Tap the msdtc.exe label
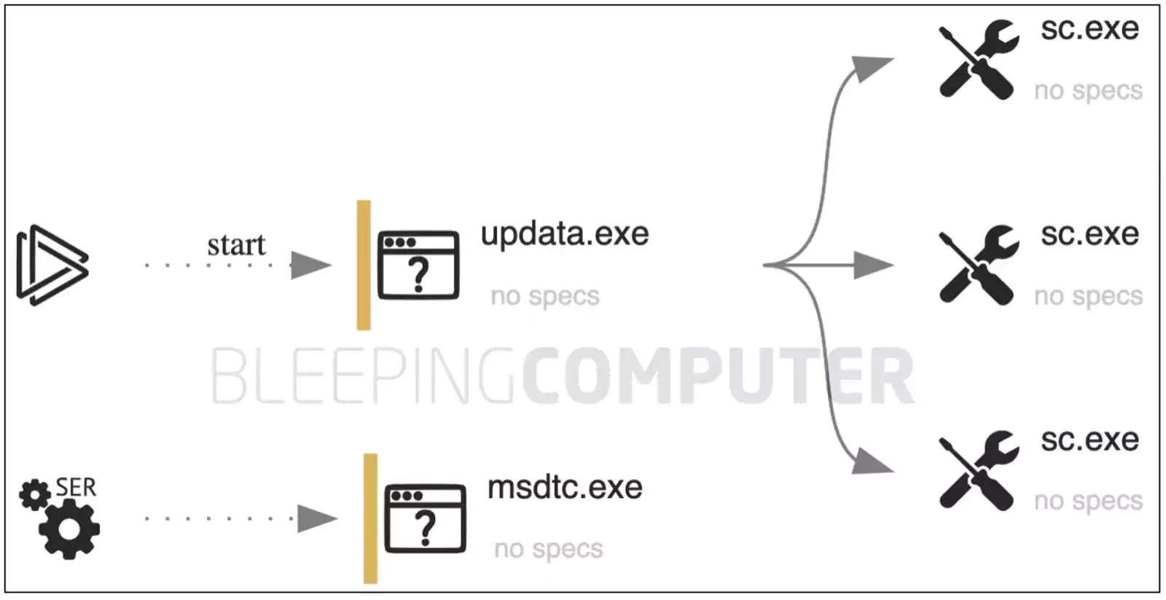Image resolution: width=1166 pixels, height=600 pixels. click(x=566, y=488)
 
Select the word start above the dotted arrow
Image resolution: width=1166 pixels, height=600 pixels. click(x=236, y=245)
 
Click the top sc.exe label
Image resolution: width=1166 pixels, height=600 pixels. click(x=1089, y=28)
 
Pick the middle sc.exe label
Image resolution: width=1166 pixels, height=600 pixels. click(x=1089, y=234)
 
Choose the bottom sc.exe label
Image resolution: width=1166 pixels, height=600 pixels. click(x=1089, y=440)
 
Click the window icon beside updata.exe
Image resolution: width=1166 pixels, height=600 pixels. click(x=418, y=265)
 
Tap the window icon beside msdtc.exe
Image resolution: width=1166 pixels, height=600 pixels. click(x=426, y=518)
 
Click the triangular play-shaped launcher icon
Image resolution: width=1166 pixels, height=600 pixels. click(x=52, y=265)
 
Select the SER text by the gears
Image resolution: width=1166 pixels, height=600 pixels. click(x=76, y=488)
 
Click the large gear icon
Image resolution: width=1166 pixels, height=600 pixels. click(x=69, y=529)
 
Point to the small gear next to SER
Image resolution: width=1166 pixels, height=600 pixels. click(x=35, y=494)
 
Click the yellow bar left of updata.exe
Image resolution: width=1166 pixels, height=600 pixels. click(x=364, y=265)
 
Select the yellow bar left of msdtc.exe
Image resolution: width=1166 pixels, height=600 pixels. click(x=371, y=518)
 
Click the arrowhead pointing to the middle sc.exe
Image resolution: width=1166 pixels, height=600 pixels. click(x=874, y=265)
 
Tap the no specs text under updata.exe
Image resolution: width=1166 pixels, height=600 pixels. click(x=545, y=296)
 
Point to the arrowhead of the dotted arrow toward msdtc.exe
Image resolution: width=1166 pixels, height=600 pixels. click(x=318, y=518)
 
